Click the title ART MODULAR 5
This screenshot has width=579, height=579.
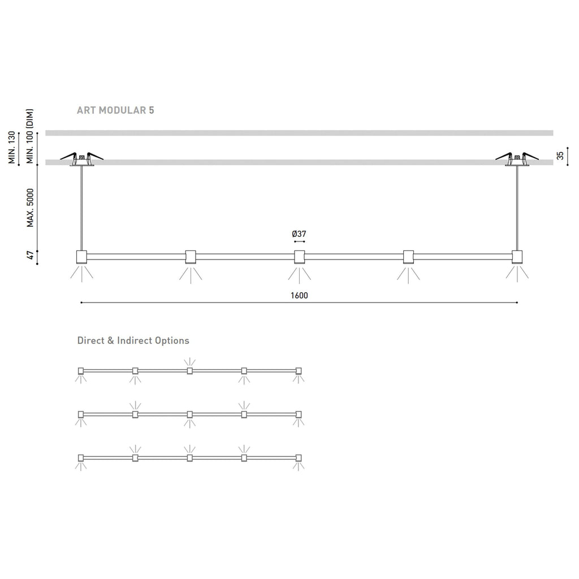(x=115, y=110)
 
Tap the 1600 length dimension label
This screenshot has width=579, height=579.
(x=299, y=295)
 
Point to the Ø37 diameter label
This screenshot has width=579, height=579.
(x=299, y=234)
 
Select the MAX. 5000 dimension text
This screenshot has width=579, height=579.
(x=31, y=208)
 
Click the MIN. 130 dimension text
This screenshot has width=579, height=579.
(x=12, y=148)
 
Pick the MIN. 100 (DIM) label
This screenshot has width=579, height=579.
(x=31, y=136)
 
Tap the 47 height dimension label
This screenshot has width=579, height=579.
(x=31, y=255)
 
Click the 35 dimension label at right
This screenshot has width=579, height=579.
(x=560, y=155)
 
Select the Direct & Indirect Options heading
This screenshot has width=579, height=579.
(x=133, y=340)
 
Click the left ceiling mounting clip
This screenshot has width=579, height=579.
(x=81, y=159)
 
